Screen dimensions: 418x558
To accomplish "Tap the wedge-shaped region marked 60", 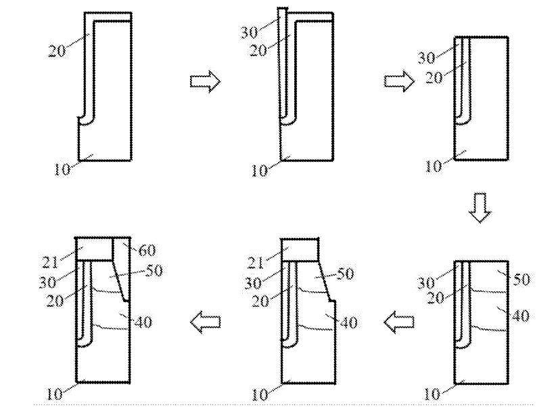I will (122, 261).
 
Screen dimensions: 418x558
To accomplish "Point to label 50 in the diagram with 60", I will (155, 271).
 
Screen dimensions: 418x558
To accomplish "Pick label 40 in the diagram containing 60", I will (143, 323).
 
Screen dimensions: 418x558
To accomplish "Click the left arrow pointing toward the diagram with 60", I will (205, 324).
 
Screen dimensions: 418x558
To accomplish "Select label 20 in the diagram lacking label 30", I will (57, 50).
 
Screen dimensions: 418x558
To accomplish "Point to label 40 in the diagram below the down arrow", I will (521, 316).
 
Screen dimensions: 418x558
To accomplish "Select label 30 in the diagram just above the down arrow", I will (426, 58).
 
